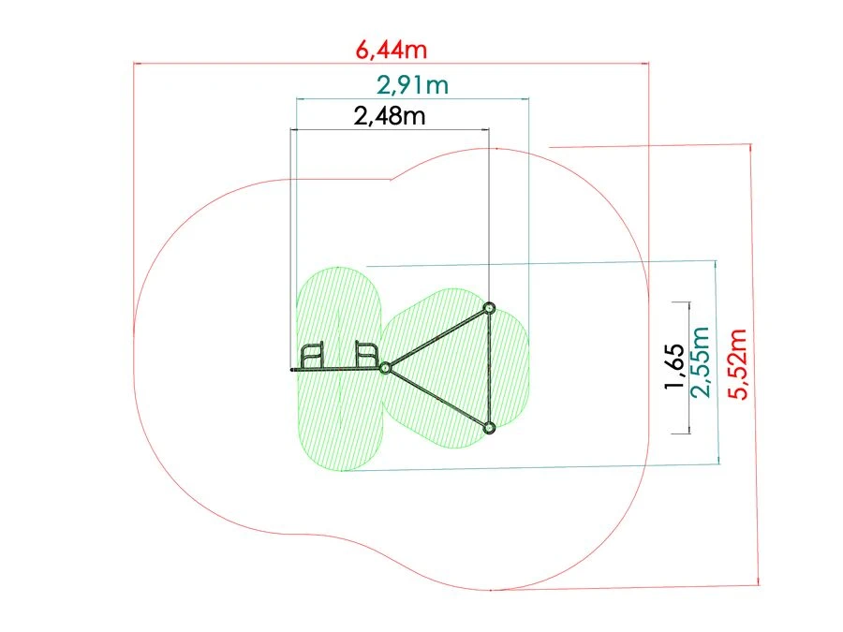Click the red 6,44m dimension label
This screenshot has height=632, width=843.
click(392, 50)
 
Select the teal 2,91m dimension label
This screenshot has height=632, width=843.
click(412, 85)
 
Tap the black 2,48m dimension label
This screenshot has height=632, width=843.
click(390, 115)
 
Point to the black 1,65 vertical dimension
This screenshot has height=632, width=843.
click(674, 366)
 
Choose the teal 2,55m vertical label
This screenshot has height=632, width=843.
click(701, 362)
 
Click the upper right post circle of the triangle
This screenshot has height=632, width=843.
click(489, 308)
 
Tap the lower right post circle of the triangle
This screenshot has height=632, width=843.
click(489, 428)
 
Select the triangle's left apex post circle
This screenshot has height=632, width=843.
click(385, 368)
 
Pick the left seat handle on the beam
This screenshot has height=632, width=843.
click(312, 356)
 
